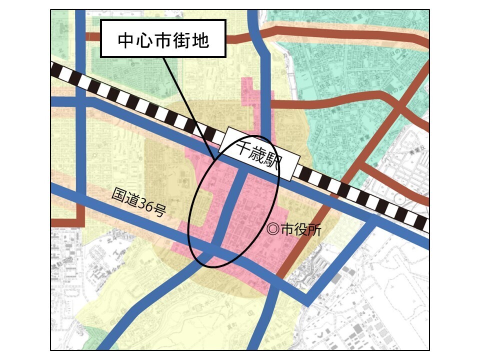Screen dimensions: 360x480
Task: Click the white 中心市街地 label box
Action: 163,38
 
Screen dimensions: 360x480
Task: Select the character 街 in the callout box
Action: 183,40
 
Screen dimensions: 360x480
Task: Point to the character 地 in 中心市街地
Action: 201,40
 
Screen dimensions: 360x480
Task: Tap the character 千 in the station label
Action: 244,145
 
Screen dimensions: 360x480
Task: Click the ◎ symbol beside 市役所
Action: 273,228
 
